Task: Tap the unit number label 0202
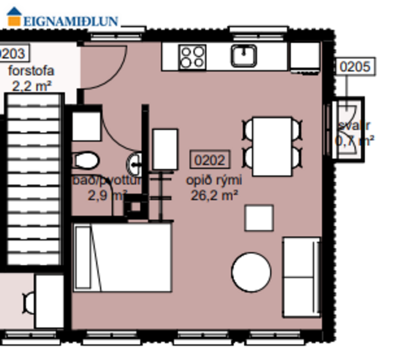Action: click(x=210, y=160)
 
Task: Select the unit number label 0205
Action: click(x=354, y=67)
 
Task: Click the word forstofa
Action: click(x=32, y=71)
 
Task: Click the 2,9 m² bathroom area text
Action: click(x=107, y=195)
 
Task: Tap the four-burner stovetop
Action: click(x=192, y=57)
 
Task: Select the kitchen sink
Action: click(x=245, y=56)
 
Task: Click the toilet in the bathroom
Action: click(x=86, y=160)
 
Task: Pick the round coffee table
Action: click(x=251, y=272)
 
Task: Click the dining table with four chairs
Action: click(x=272, y=146)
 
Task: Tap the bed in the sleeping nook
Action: click(x=122, y=257)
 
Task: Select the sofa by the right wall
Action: click(x=301, y=277)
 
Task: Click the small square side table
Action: click(x=259, y=218)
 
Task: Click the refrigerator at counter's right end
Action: click(x=304, y=56)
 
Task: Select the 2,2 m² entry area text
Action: click(x=32, y=86)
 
